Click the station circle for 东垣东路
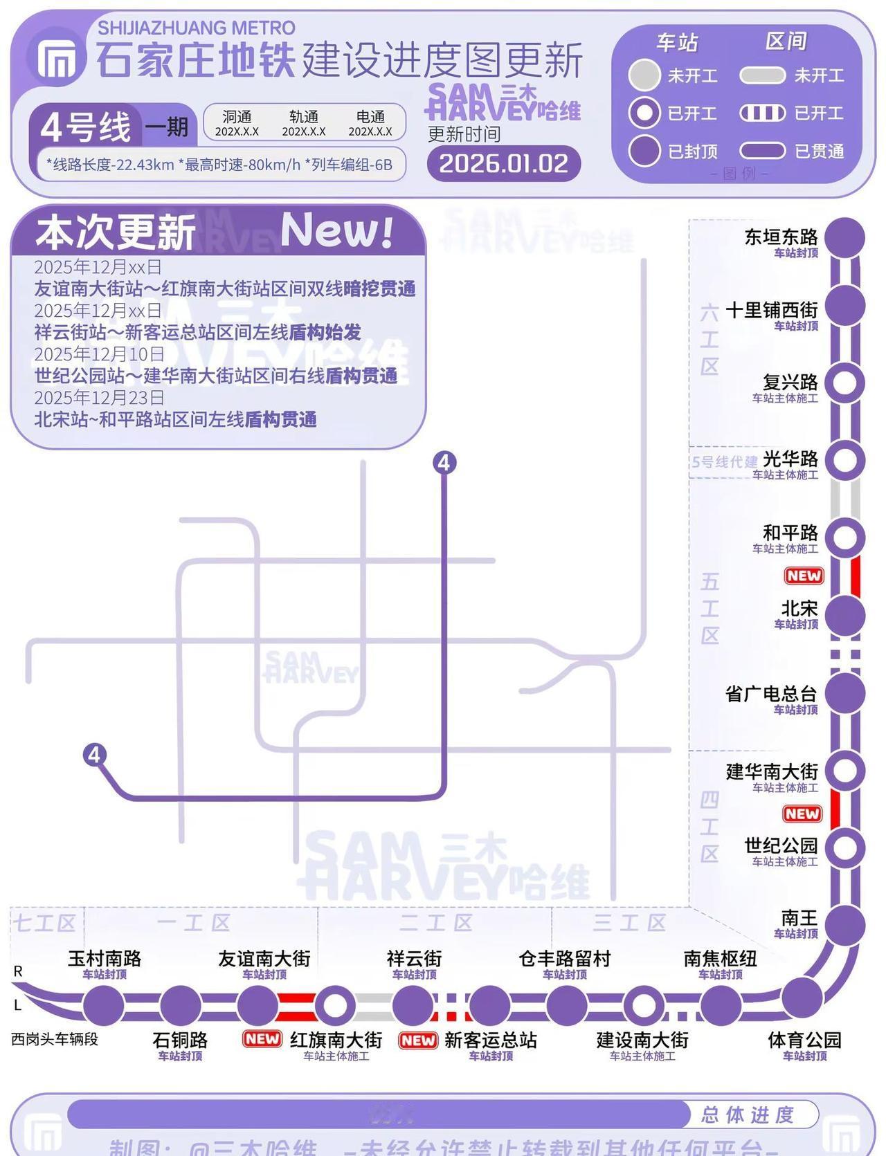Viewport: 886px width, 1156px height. pyautogui.click(x=845, y=237)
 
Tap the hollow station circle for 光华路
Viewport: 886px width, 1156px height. pyautogui.click(x=845, y=460)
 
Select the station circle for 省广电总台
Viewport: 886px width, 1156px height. pyautogui.click(x=845, y=692)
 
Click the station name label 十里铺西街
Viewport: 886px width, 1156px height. pyautogui.click(x=771, y=310)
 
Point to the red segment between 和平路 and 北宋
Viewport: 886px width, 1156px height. pyautogui.click(x=856, y=576)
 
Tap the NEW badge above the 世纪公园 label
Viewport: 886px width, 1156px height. pyautogui.click(x=802, y=814)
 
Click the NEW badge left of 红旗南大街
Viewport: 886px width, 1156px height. pyautogui.click(x=262, y=1038)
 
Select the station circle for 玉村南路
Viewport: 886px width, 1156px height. pyautogui.click(x=104, y=1005)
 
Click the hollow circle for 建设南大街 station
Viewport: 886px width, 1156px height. pyautogui.click(x=643, y=1005)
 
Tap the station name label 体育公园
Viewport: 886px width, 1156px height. pyautogui.click(x=804, y=1040)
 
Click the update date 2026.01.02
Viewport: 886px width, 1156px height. pyautogui.click(x=503, y=164)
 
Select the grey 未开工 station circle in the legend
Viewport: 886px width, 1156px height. pyautogui.click(x=644, y=75)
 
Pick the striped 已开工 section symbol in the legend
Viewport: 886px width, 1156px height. pyautogui.click(x=762, y=113)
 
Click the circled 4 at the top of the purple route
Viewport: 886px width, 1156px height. pyautogui.click(x=444, y=462)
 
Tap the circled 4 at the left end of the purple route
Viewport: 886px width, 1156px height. pyautogui.click(x=95, y=754)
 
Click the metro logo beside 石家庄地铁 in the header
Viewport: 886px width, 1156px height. pyautogui.click(x=57, y=59)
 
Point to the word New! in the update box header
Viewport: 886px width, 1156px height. pyautogui.click(x=337, y=230)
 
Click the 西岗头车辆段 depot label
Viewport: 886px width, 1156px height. pyautogui.click(x=55, y=1039)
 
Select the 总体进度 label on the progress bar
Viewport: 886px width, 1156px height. pyautogui.click(x=747, y=1114)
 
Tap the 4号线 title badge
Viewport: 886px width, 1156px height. pyautogui.click(x=85, y=127)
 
